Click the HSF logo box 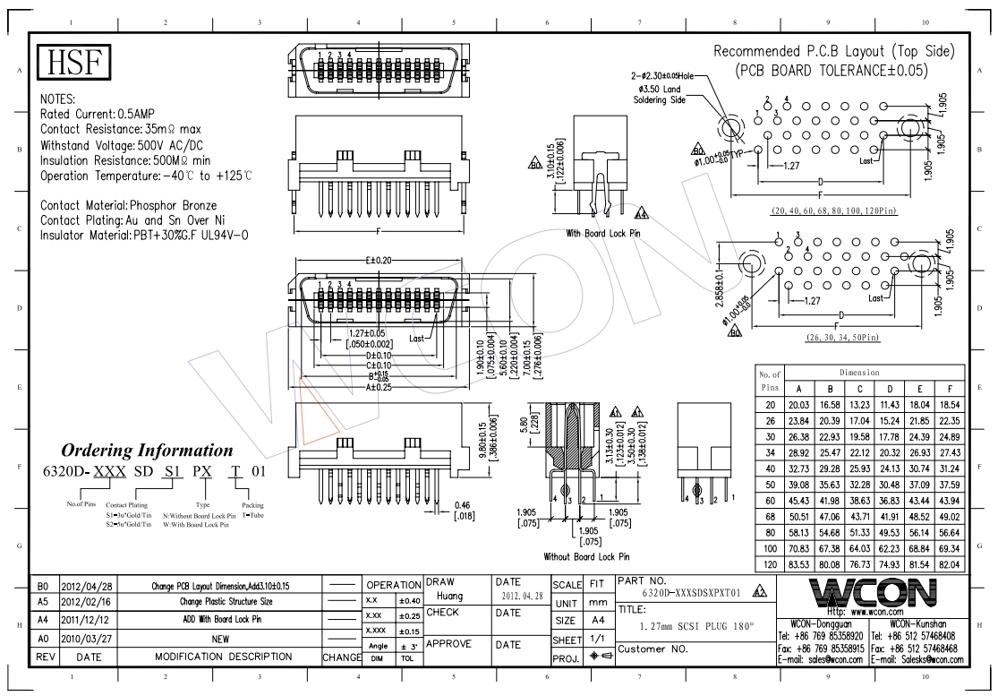pyautogui.click(x=74, y=64)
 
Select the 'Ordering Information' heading pyautogui.click(x=146, y=451)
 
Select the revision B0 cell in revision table pyautogui.click(x=42, y=585)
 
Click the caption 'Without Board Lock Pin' pyautogui.click(x=586, y=556)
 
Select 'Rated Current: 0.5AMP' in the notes pyautogui.click(x=105, y=115)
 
